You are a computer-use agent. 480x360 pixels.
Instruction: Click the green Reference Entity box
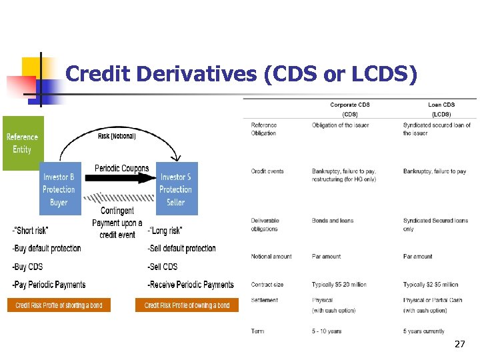coord(23,143)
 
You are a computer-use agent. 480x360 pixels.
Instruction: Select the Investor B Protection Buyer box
coord(59,189)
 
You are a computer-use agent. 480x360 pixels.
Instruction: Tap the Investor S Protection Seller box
coord(176,189)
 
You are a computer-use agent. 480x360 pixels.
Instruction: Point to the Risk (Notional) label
coord(117,136)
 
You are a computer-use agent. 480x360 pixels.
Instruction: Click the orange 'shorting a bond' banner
coord(59,305)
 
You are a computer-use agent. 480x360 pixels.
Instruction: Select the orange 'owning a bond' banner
coord(187,305)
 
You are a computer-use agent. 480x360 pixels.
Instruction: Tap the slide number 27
coord(459,344)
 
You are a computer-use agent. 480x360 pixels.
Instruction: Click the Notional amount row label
coord(271,257)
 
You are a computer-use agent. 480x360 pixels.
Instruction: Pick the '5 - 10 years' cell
coord(327,331)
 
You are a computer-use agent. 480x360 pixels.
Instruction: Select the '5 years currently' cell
coord(423,331)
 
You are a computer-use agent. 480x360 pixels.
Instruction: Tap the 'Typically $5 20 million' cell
coord(339,285)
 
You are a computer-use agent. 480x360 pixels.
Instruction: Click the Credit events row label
coord(267,171)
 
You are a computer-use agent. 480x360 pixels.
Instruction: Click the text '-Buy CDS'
coord(27,267)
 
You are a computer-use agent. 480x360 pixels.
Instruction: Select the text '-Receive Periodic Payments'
coord(191,285)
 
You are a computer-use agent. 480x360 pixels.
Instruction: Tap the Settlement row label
coord(265,300)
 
